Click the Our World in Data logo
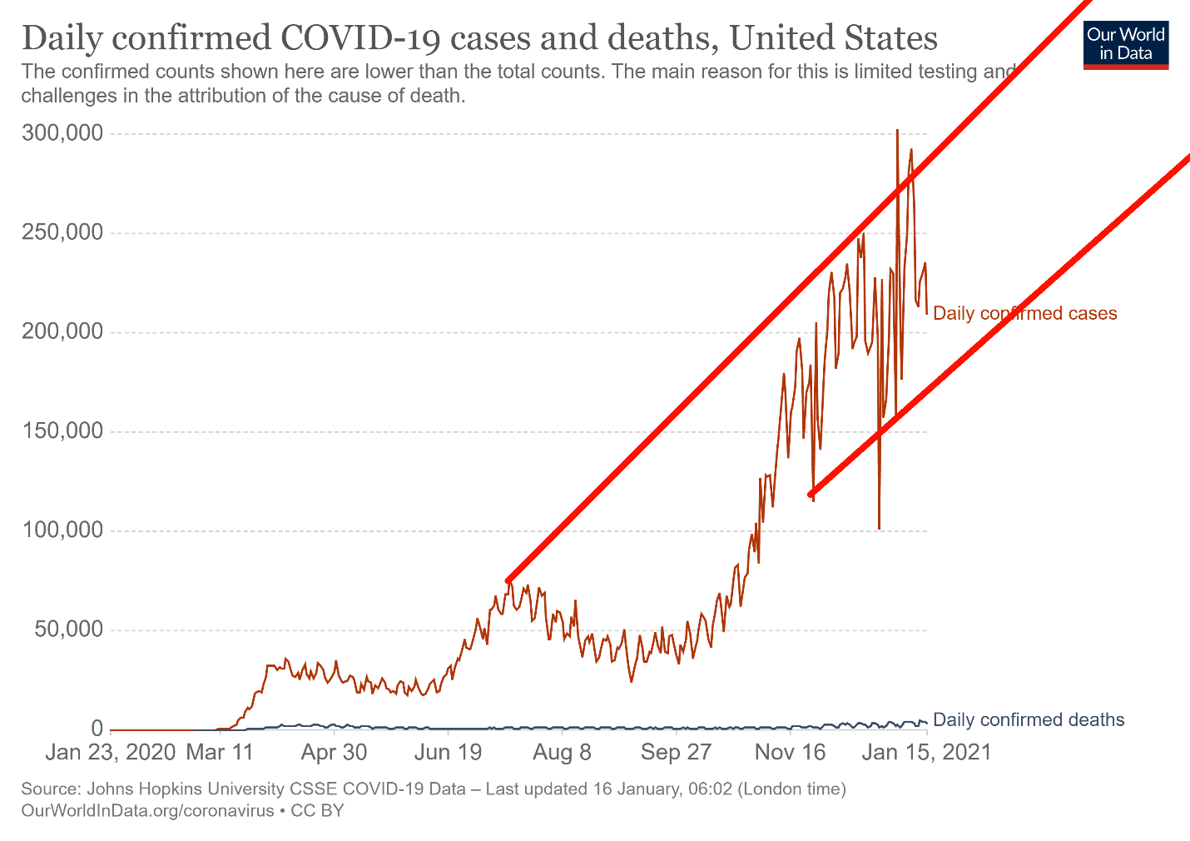1126,44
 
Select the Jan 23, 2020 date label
110,753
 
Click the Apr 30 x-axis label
334,753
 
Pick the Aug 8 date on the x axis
562,753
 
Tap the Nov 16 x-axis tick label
790,753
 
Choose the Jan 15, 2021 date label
926,753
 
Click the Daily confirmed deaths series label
1029,720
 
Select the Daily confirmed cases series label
1024,314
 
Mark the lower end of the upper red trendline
508,580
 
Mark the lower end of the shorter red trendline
811,495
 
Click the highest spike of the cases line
897,132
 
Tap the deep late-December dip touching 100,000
879,526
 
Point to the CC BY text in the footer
317,810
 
